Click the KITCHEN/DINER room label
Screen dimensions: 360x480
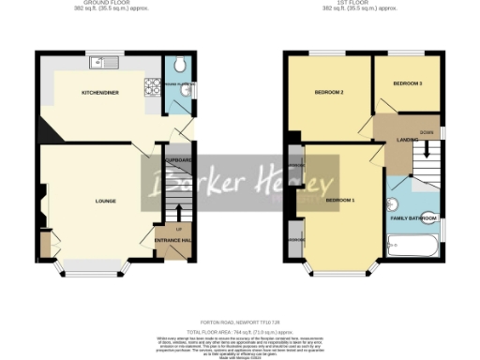98,93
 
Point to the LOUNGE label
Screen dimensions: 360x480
105,201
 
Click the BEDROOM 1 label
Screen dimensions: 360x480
340,201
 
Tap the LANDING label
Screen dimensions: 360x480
407,140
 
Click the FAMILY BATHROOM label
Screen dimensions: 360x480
412,217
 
